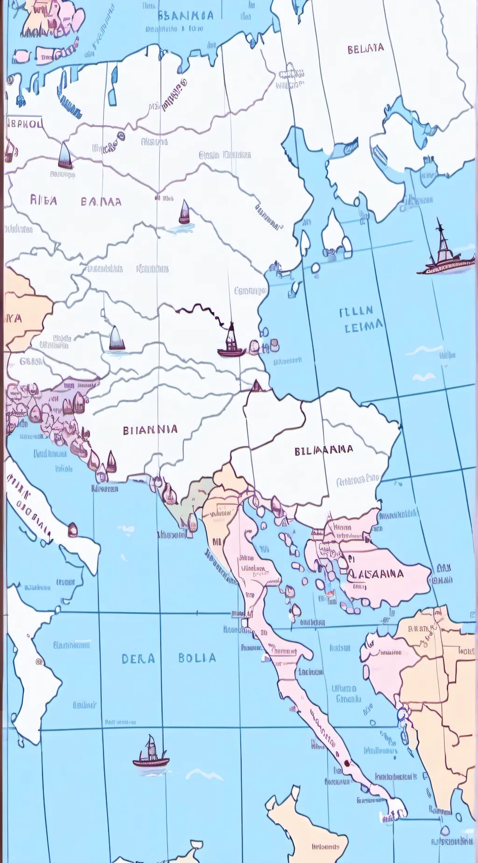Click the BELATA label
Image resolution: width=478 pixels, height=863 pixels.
tap(366, 49)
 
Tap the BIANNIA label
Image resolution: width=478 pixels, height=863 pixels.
tap(150, 430)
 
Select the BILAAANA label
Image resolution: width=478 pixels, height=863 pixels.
tap(323, 450)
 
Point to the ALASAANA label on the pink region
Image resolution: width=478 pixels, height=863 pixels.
tap(376, 573)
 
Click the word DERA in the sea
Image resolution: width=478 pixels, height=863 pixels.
tap(138, 658)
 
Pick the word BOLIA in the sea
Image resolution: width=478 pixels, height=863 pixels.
tap(197, 658)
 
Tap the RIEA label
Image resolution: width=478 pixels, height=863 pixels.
tap(43, 201)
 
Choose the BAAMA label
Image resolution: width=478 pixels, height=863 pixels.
tap(101, 202)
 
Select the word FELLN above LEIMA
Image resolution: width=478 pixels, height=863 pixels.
tap(356, 311)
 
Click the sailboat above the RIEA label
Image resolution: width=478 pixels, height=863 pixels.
tap(65, 156)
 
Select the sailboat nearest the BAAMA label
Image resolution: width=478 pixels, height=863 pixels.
tap(185, 212)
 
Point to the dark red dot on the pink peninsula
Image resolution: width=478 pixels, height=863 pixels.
tap(346, 764)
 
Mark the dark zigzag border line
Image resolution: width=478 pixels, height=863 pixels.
tap(201, 310)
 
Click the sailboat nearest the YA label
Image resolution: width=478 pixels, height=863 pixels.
tap(116, 339)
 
